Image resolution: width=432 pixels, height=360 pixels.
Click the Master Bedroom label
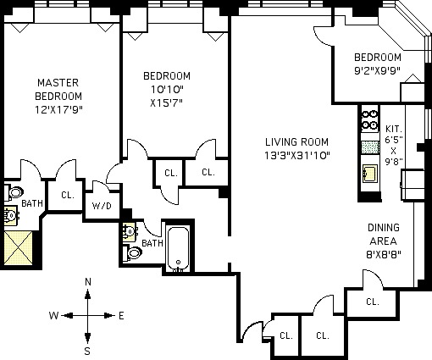[x=58, y=89]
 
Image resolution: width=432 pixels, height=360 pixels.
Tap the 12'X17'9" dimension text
[x=58, y=109]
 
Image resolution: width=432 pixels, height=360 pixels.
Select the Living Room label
[x=296, y=141]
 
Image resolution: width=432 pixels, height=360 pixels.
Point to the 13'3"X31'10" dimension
[x=297, y=155]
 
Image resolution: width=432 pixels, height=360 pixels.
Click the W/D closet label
[x=102, y=206]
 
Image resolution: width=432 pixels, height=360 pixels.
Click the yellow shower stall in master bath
[x=19, y=248]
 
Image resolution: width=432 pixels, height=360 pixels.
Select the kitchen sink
[x=370, y=173]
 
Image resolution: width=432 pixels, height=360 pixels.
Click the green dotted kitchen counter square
[x=370, y=147]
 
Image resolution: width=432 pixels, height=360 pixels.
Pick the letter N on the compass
[x=88, y=282]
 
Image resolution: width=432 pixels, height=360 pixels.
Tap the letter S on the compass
[x=87, y=351]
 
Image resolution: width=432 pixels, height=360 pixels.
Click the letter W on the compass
[x=53, y=315]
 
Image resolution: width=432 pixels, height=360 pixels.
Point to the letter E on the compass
[x=121, y=315]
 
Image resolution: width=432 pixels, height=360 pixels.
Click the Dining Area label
[x=384, y=235]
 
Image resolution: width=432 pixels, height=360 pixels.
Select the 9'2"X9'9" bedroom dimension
[x=378, y=70]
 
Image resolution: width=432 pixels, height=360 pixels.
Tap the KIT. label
[x=394, y=129]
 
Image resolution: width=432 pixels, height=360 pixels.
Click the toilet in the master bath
[x=14, y=192]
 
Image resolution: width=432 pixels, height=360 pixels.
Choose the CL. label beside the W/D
[x=68, y=195]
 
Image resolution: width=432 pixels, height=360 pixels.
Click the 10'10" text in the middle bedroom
[x=167, y=90]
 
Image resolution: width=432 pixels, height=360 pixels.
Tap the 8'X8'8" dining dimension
[x=384, y=255]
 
